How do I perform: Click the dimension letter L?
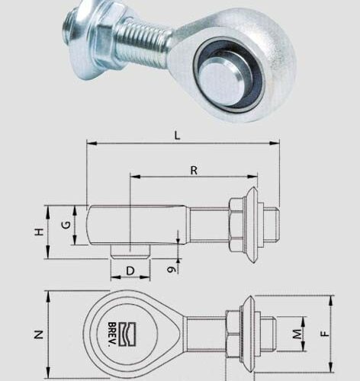178,135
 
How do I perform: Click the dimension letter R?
194,170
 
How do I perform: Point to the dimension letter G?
66,225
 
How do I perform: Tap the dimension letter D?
130,271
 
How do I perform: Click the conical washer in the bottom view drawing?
247,333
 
